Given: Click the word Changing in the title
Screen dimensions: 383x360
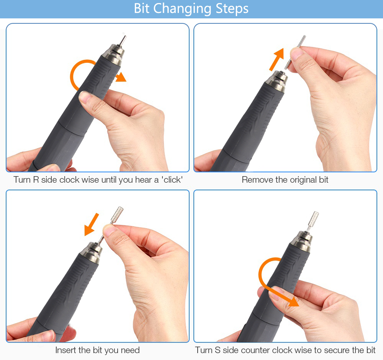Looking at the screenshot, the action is pyautogui.click(x=182, y=9).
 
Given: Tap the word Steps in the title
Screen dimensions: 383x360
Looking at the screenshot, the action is pyautogui.click(x=232, y=9).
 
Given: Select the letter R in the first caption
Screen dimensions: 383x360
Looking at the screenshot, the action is pyautogui.click(x=36, y=180).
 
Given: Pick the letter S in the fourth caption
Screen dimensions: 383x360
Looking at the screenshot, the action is pyautogui.click(x=218, y=350).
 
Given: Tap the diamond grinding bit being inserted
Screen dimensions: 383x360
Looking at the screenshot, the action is pyautogui.click(x=111, y=225).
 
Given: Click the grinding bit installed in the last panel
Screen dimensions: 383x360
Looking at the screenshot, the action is pyautogui.click(x=312, y=221).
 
